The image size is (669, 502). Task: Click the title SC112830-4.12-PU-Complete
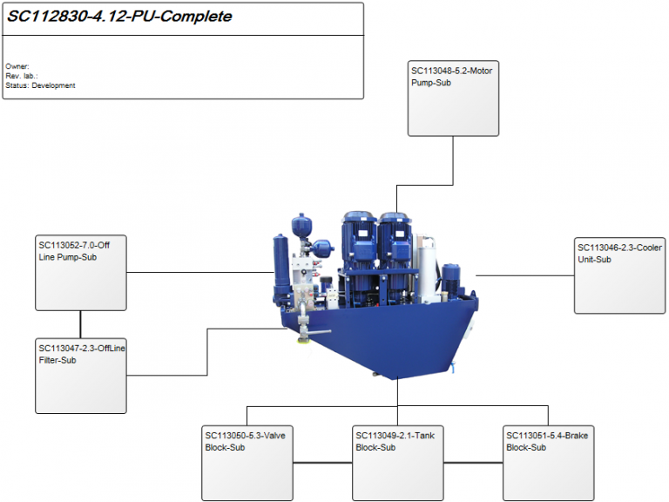120,17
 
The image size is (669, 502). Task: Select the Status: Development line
40,85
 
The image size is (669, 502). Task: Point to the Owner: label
17,66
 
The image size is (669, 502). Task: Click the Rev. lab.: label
22,76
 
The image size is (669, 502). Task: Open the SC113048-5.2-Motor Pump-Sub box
453,98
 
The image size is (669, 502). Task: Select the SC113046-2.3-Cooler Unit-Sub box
618,275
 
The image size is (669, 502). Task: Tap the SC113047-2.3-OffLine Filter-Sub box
81,376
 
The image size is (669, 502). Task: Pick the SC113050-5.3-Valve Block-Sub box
247,463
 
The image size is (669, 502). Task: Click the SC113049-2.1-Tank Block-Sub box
397,463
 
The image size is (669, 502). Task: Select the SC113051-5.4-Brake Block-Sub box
548,463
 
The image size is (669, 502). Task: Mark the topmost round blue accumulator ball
302,225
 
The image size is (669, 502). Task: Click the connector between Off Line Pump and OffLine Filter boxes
81,324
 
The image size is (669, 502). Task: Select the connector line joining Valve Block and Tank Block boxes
322,462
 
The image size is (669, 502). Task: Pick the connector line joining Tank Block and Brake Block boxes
473,462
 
